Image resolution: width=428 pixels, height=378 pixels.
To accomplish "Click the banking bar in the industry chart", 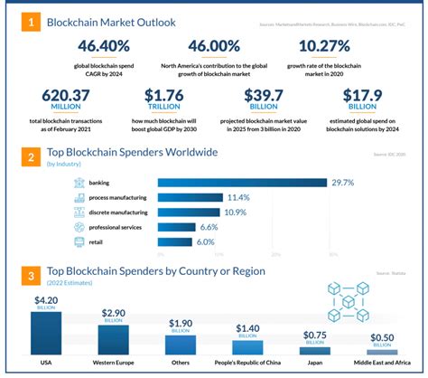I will (x=242, y=183).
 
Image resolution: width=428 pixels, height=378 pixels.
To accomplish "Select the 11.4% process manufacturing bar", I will (x=190, y=197).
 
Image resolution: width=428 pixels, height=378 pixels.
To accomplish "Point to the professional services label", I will (x=112, y=227).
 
